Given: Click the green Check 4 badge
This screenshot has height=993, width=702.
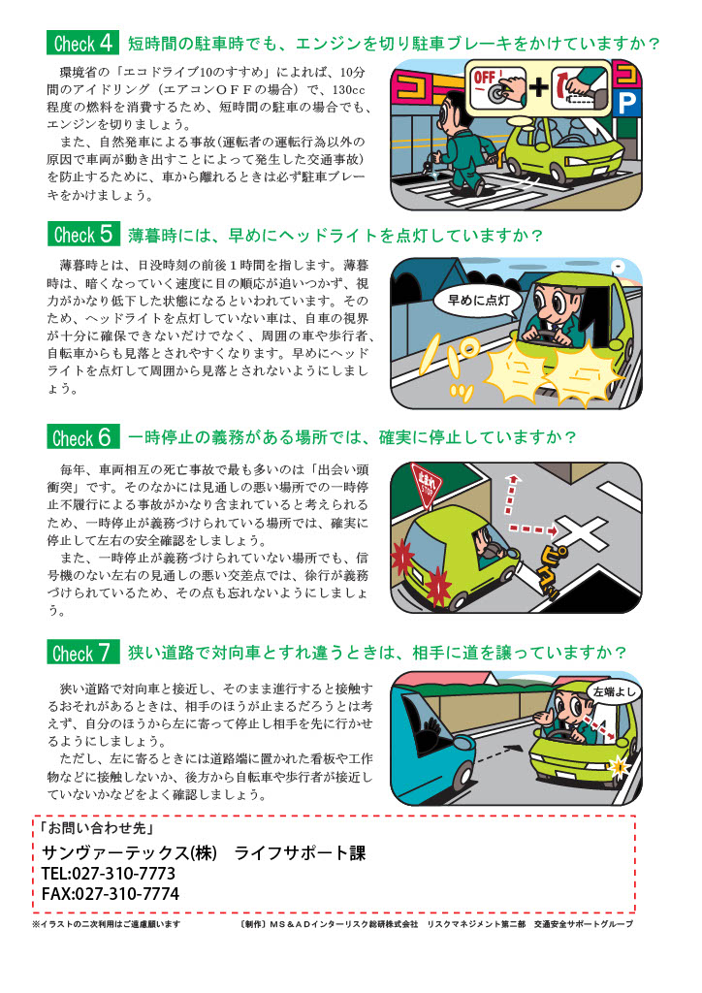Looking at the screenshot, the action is pyautogui.click(x=82, y=43).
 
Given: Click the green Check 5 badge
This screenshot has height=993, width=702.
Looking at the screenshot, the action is pyautogui.click(x=83, y=235).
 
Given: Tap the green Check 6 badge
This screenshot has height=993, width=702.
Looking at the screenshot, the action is pyautogui.click(x=83, y=437).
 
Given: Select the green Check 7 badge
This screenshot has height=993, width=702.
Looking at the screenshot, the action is pyautogui.click(x=83, y=653).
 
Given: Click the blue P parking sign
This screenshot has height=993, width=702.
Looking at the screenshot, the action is pyautogui.click(x=626, y=103).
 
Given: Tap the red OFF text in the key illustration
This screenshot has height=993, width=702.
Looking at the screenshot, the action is pyautogui.click(x=484, y=78).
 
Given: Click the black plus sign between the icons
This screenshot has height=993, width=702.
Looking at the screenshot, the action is pyautogui.click(x=539, y=86).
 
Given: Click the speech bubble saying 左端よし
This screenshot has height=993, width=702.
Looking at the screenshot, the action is pyautogui.click(x=613, y=692).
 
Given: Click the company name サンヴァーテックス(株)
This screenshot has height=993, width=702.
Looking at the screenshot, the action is pyautogui.click(x=129, y=853).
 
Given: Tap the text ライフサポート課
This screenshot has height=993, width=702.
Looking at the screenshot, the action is pyautogui.click(x=300, y=853).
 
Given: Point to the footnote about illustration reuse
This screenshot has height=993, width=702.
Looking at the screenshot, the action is pyautogui.click(x=107, y=924).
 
